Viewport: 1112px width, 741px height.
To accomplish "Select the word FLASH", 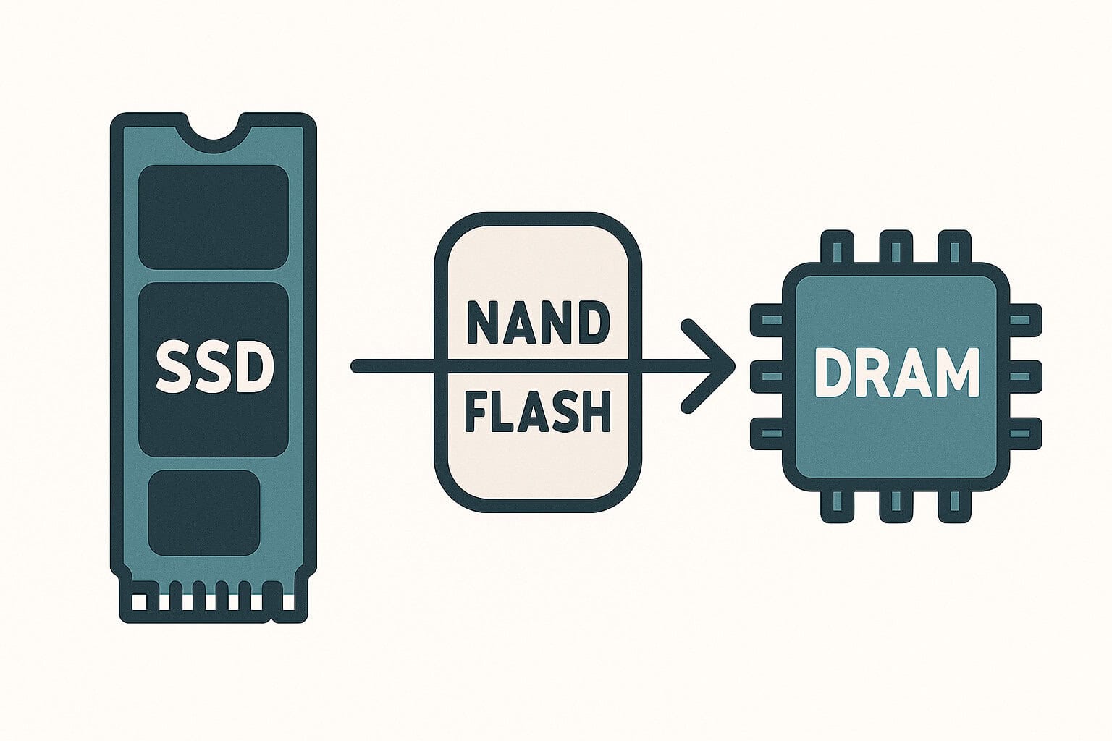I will point(536,413).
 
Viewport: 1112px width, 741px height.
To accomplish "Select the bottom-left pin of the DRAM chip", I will point(836,502).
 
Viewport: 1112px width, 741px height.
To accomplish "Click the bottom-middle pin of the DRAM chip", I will point(896,502).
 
